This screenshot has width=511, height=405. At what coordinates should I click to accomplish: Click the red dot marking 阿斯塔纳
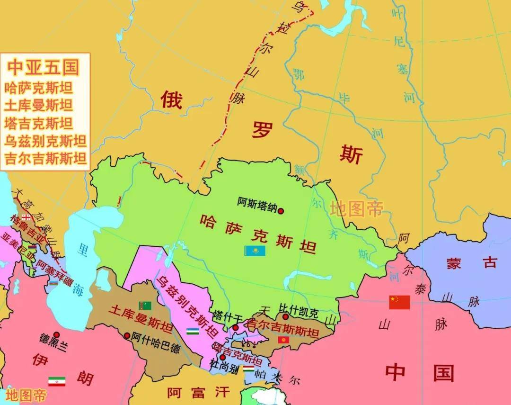click(281, 211)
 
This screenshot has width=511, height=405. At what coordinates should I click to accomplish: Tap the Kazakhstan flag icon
click(255, 251)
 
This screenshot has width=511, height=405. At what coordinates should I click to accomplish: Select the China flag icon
click(399, 302)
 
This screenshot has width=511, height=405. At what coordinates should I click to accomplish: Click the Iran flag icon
click(57, 381)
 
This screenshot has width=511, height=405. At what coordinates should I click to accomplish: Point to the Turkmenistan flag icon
click(144, 306)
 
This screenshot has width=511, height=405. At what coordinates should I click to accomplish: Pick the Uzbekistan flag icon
click(192, 331)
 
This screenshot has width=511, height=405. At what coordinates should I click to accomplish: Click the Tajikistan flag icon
click(248, 368)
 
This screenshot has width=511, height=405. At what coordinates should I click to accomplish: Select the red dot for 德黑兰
click(56, 334)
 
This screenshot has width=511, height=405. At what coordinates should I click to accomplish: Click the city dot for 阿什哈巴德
click(127, 335)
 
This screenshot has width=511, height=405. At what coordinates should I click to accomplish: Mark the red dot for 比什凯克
click(285, 317)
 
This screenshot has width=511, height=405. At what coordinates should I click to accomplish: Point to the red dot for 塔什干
click(236, 327)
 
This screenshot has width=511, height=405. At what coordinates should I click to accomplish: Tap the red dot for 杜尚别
click(222, 357)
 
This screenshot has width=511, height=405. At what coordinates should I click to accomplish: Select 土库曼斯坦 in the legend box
click(39, 105)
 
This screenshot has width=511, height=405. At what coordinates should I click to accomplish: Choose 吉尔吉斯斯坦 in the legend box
click(45, 158)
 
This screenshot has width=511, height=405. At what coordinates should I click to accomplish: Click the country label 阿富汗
click(198, 392)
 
